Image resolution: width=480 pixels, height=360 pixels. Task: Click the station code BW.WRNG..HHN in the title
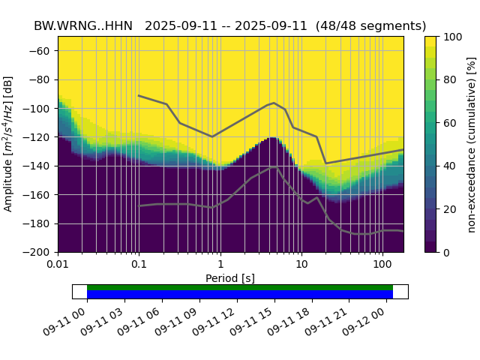83,25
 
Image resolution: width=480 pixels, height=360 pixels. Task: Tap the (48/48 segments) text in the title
370,25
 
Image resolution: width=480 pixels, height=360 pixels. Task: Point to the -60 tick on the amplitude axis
43,51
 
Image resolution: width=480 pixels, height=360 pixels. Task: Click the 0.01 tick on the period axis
58,265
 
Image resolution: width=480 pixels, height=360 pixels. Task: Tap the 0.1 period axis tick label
139,265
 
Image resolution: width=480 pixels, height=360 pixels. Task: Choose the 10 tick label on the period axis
301,265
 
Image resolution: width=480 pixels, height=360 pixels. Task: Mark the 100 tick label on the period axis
382,265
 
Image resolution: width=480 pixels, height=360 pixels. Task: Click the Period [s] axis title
230,278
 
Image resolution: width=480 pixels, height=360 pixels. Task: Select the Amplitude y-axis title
9,144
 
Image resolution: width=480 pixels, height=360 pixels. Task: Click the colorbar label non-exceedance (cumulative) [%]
472,144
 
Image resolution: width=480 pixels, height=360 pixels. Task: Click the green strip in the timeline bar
240,287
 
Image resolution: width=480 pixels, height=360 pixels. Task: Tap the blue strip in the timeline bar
240,295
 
